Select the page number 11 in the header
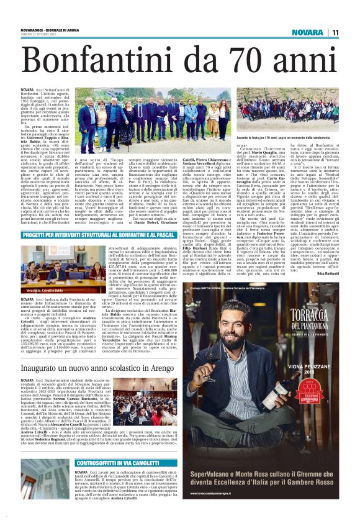[x=335, y=32]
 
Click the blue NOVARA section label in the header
[x=307, y=32]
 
